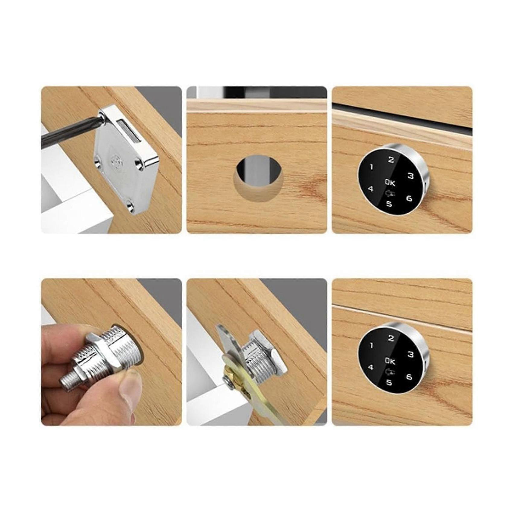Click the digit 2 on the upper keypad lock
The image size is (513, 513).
tap(391, 160)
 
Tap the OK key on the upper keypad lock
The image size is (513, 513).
tap(390, 183)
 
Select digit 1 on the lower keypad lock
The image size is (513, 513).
tap(371, 346)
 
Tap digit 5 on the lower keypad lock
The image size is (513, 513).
tap(389, 382)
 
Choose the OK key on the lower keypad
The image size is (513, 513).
tap(390, 361)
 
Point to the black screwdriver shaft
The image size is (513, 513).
tap(69, 133)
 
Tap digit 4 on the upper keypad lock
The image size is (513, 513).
tap(371, 189)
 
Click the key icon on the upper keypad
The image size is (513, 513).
tap(390, 194)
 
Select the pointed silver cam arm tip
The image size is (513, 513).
tap(219, 329)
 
